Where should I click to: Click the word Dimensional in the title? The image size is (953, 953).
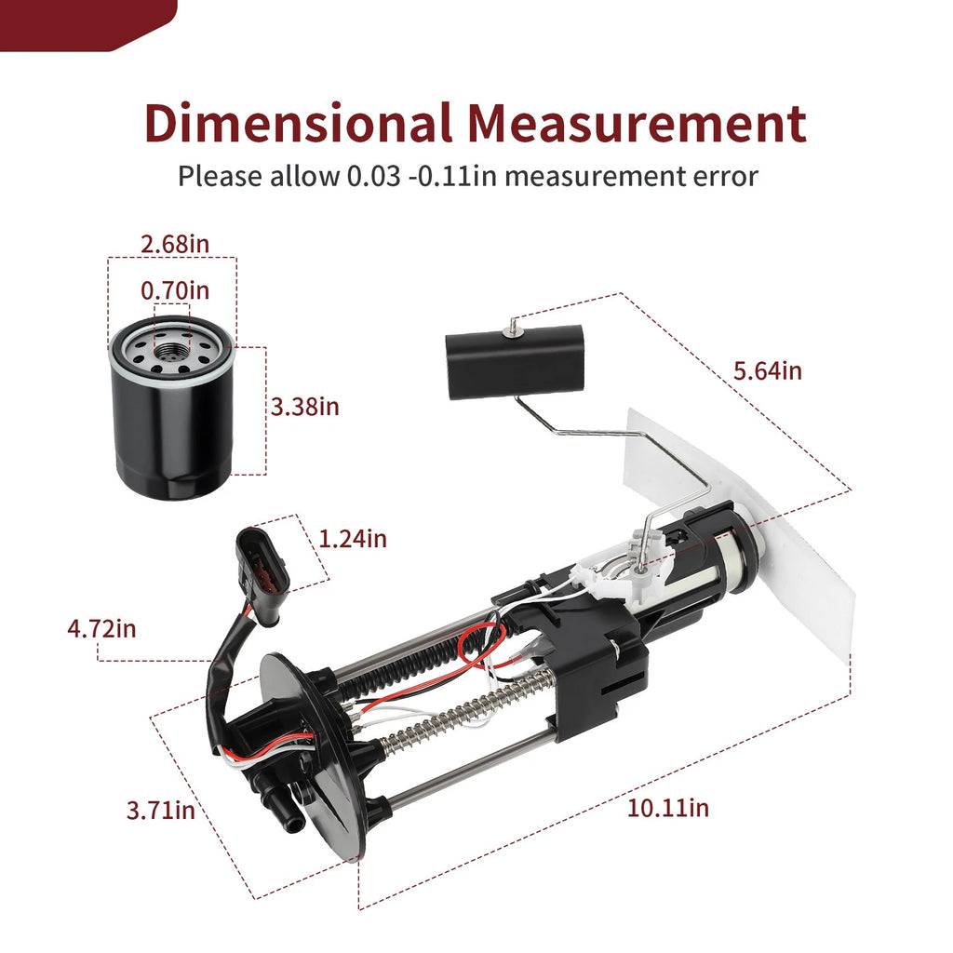[298, 123]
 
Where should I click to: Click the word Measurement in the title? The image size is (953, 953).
[637, 123]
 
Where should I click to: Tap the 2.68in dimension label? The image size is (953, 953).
[175, 244]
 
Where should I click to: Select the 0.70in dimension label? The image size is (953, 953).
[175, 290]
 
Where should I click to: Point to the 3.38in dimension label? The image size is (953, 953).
[304, 406]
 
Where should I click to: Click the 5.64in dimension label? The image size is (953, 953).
[768, 370]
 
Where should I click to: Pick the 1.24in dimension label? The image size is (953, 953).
[353, 539]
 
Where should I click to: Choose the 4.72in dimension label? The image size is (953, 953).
[101, 628]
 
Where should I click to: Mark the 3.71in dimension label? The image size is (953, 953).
[160, 811]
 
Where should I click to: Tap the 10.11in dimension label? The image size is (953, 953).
[668, 808]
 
